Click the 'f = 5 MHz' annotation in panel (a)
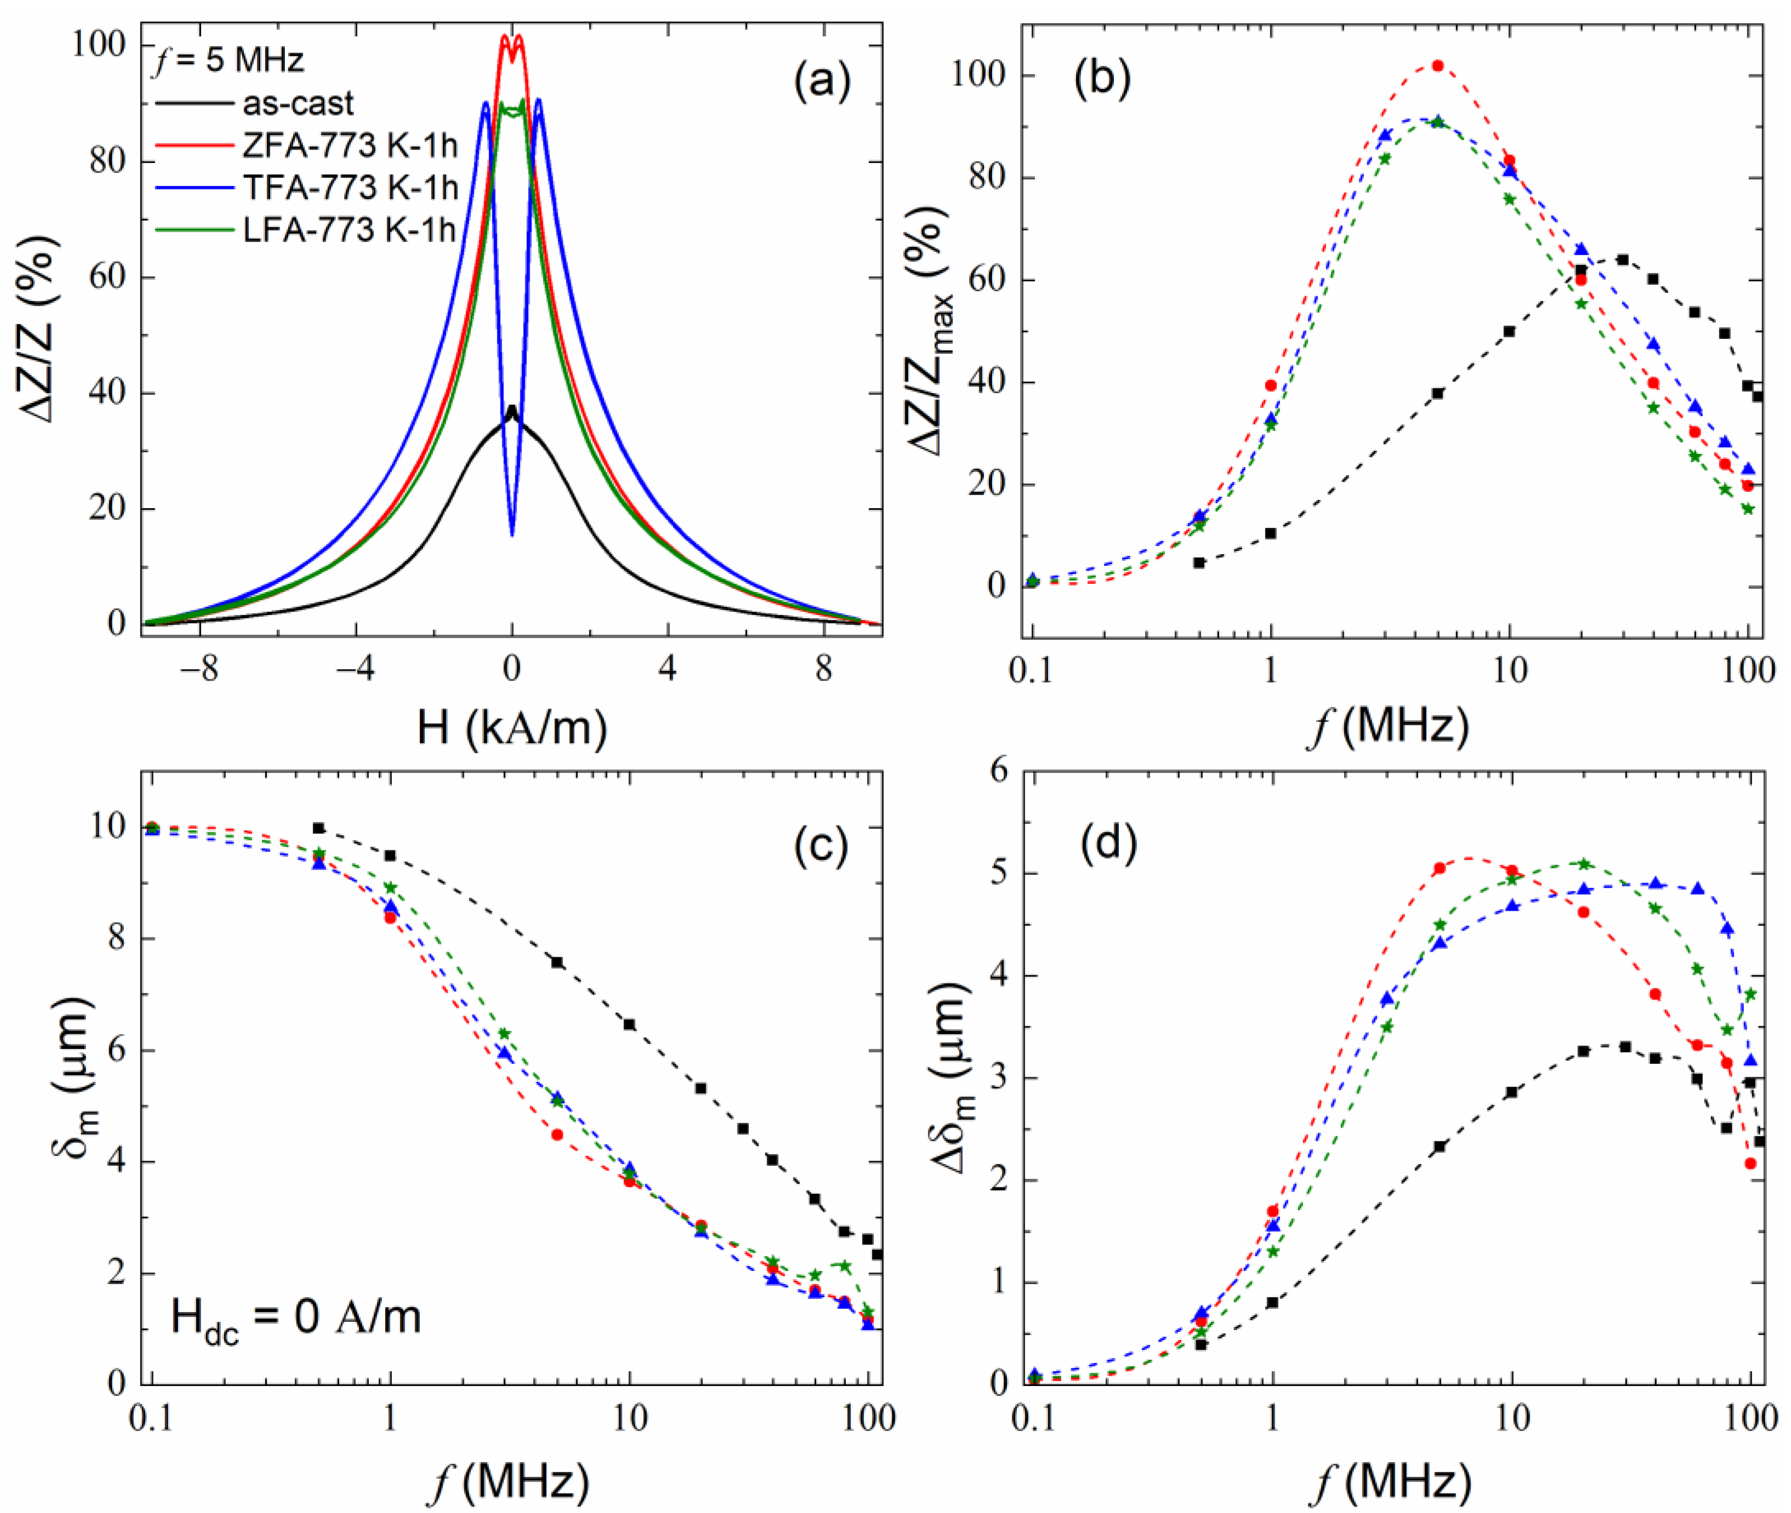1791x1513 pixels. point(228,61)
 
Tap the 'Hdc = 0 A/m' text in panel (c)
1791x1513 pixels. point(296,1318)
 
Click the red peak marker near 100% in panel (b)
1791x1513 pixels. point(1438,66)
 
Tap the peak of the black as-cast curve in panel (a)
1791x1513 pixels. point(512,409)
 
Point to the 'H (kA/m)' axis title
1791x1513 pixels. point(512,728)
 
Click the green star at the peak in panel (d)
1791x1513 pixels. point(1584,864)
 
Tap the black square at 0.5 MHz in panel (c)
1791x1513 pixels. point(318,828)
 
